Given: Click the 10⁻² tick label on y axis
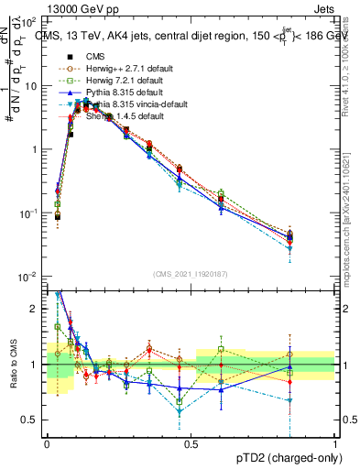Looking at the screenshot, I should pyautogui.click(x=29, y=277).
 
